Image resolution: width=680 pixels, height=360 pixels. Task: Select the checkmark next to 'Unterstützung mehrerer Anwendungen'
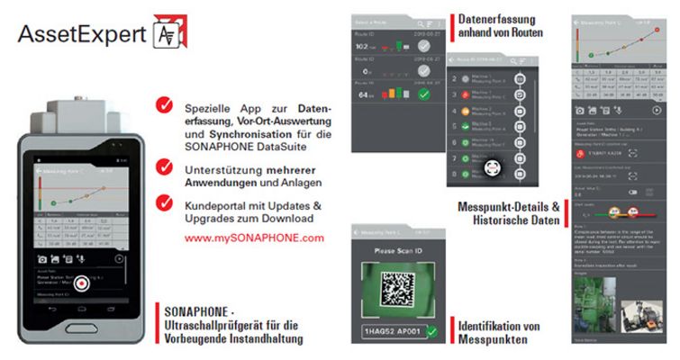point(164,166)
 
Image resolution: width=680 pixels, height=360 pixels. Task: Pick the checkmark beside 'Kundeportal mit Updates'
point(164,204)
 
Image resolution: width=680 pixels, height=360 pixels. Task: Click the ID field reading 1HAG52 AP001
point(395,332)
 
